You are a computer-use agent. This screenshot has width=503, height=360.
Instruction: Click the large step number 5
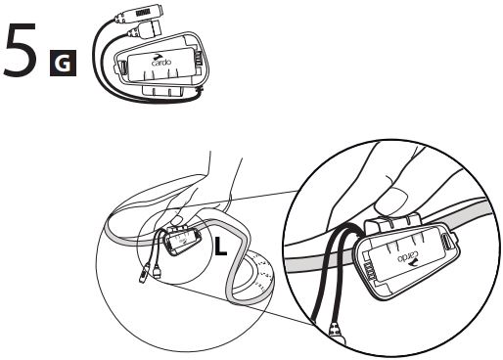(x=21, y=50)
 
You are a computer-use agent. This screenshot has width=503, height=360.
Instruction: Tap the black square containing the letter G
(x=63, y=63)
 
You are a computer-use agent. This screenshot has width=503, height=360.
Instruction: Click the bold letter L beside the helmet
(x=220, y=246)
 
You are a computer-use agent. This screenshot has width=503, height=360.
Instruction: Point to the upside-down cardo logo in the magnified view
(x=407, y=257)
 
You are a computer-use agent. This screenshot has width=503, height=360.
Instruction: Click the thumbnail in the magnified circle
(x=391, y=202)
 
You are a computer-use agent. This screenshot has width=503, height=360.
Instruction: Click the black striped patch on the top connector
(x=143, y=13)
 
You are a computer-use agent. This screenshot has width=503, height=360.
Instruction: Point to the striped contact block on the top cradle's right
(x=199, y=59)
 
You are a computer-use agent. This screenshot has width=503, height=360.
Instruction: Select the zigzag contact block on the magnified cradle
(x=368, y=270)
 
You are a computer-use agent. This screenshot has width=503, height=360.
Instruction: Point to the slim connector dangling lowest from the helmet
(x=144, y=273)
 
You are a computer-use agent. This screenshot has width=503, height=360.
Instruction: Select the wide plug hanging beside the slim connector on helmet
(x=158, y=271)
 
